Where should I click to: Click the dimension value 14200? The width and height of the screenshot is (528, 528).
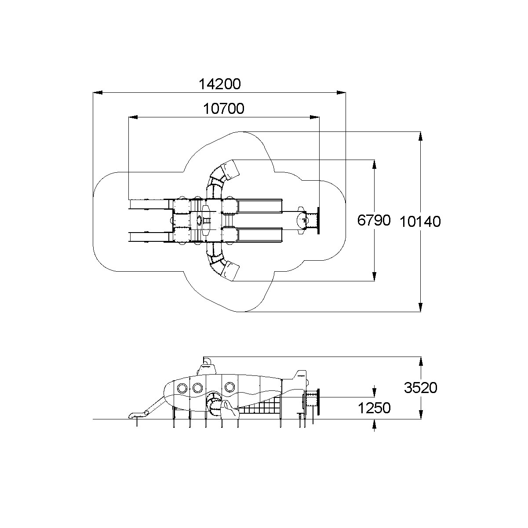(220, 84)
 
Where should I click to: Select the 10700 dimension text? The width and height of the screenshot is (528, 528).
(224, 109)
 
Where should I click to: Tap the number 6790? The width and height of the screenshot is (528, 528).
(374, 220)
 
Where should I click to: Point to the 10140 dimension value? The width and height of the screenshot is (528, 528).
(420, 222)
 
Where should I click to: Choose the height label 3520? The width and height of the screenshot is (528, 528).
(421, 388)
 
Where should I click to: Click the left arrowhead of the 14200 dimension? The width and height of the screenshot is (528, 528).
(98, 93)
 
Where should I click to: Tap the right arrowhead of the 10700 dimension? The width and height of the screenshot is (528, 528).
(314, 117)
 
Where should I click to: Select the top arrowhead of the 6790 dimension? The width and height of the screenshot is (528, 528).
(375, 164)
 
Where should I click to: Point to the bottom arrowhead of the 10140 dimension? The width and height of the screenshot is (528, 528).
(421, 307)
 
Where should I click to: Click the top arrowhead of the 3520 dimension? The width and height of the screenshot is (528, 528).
(421, 361)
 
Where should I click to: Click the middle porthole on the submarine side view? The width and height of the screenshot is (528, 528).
(197, 387)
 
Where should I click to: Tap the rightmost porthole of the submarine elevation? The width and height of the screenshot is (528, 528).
(229, 387)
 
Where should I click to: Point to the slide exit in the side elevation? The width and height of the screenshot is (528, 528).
(134, 415)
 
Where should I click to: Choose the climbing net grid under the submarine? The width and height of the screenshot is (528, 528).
(260, 413)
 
